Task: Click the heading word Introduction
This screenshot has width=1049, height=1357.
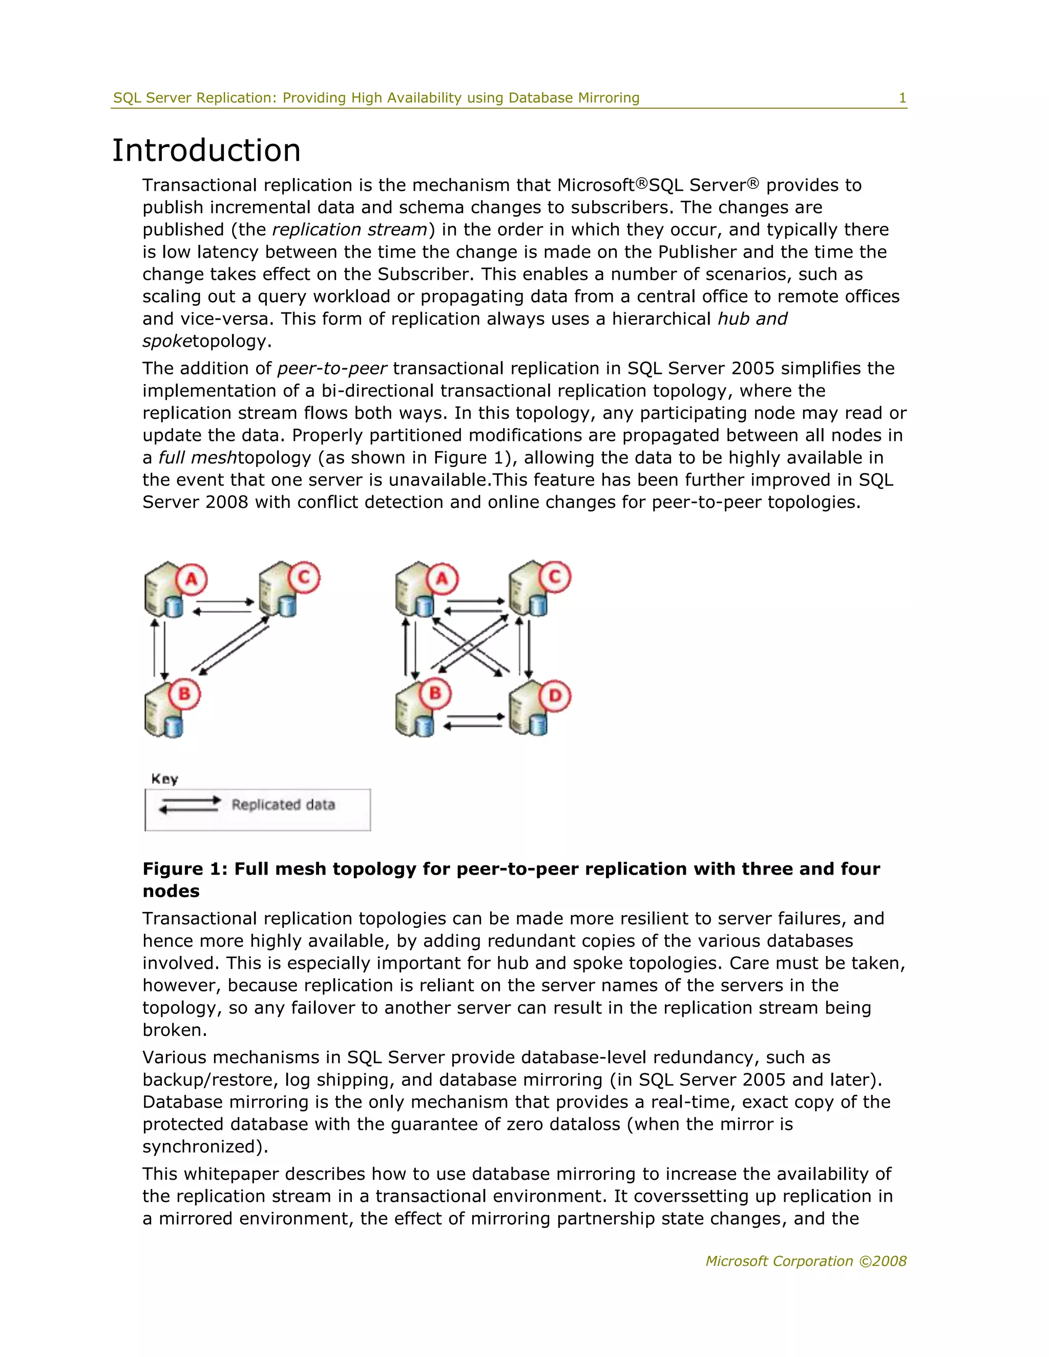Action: pyautogui.click(x=206, y=151)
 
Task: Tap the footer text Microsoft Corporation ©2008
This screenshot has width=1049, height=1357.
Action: pyautogui.click(x=805, y=1261)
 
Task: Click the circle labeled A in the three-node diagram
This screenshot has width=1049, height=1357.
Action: pyautogui.click(x=192, y=580)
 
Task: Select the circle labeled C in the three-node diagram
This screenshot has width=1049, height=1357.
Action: pyautogui.click(x=304, y=577)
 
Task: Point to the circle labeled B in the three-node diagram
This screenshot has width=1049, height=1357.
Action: pyautogui.click(x=184, y=693)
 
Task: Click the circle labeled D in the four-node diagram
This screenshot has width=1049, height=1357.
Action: pyautogui.click(x=555, y=695)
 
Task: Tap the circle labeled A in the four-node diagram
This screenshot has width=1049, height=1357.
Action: pyautogui.click(x=442, y=579)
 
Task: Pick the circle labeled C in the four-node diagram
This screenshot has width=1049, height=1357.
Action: pyautogui.click(x=555, y=577)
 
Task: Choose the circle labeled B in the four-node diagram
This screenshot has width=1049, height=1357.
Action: pyautogui.click(x=435, y=693)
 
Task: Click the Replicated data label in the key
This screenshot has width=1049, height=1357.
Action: pyautogui.click(x=283, y=804)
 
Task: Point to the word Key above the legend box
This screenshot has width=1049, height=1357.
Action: pyautogui.click(x=165, y=779)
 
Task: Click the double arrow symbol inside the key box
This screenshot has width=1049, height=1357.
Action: pyautogui.click(x=190, y=804)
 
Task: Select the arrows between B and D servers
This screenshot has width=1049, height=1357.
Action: pyautogui.click(x=474, y=721)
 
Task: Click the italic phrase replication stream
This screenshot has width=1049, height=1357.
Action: pyautogui.click(x=350, y=230)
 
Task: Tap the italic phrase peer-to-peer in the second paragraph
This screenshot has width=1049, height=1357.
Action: pyautogui.click(x=332, y=369)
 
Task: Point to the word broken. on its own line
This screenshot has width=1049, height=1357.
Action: pyautogui.click(x=175, y=1030)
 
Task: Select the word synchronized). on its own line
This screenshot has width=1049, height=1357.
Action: pyautogui.click(x=205, y=1147)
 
